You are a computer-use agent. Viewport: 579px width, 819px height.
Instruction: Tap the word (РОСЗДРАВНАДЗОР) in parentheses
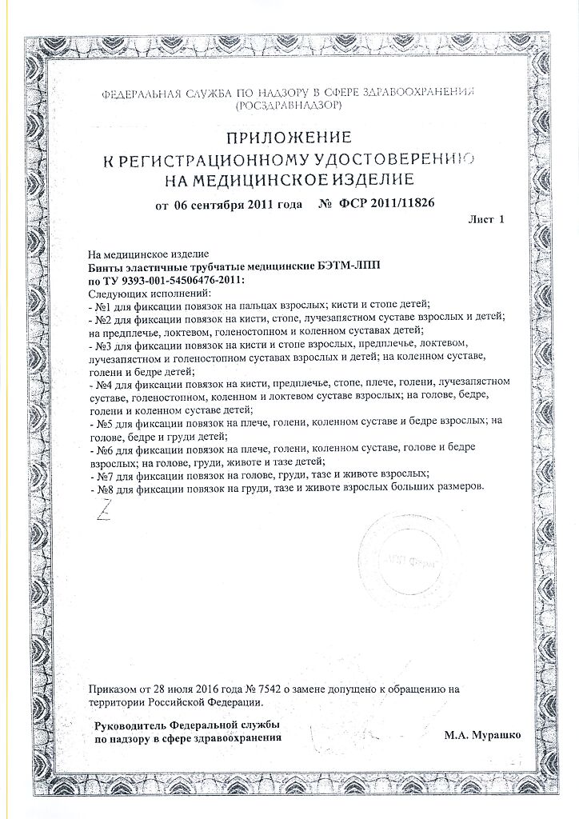point(289,105)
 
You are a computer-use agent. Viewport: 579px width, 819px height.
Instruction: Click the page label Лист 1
point(488,219)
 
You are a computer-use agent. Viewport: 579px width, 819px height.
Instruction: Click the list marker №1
point(102,306)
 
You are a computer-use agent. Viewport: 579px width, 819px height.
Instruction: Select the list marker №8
point(102,488)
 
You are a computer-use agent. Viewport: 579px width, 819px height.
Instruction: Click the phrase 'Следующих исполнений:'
point(133,293)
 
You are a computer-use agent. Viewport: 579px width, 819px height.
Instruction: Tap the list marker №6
point(102,450)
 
